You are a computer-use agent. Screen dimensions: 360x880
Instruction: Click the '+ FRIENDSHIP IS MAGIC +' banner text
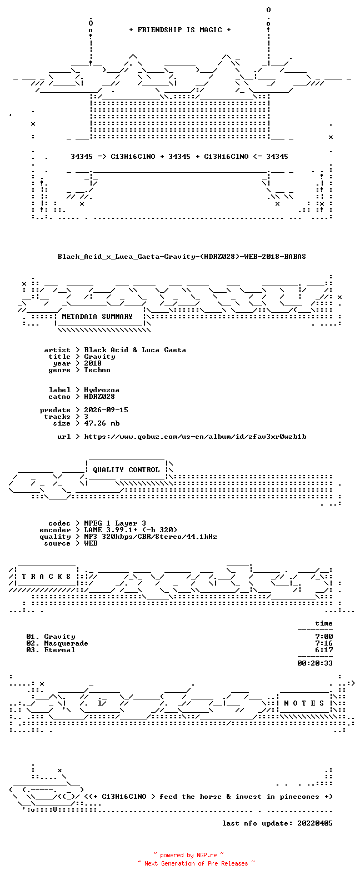click(x=180, y=30)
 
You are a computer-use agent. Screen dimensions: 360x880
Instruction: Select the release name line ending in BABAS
click(x=182, y=257)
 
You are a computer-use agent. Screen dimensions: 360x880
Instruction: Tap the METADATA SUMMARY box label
click(x=97, y=317)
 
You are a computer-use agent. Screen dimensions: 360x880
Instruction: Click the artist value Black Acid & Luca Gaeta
click(x=135, y=350)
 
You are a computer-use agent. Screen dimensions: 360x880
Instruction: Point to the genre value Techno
click(x=97, y=370)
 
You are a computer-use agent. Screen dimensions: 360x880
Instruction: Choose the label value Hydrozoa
click(x=102, y=390)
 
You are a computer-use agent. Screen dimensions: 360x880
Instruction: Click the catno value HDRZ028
click(x=99, y=397)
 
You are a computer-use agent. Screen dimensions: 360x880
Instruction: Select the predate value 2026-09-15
click(x=106, y=410)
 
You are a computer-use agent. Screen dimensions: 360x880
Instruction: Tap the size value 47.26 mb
click(x=102, y=423)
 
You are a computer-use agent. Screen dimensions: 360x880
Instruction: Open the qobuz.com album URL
click(x=195, y=437)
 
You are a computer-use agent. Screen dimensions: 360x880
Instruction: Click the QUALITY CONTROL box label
click(x=126, y=470)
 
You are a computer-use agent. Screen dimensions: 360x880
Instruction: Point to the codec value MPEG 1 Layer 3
click(x=115, y=523)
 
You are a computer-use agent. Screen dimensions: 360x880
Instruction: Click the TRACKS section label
click(x=46, y=577)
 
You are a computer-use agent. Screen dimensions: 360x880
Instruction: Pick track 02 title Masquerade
click(x=66, y=643)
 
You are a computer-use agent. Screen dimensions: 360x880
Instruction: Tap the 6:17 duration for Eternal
click(x=324, y=650)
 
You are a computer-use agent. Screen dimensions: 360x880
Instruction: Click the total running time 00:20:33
click(x=315, y=663)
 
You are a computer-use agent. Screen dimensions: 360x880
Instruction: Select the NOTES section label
click(x=304, y=703)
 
